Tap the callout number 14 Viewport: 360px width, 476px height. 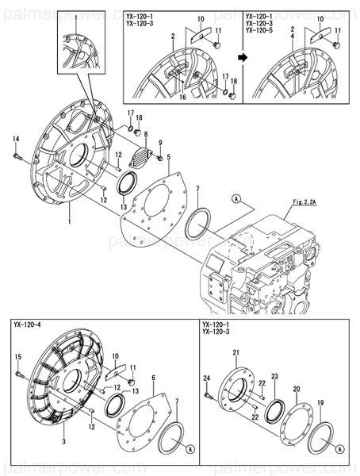pyautogui.click(x=15, y=140)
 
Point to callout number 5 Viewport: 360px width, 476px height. pyautogui.click(x=167, y=155)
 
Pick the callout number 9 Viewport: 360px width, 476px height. pyautogui.click(x=159, y=143)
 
